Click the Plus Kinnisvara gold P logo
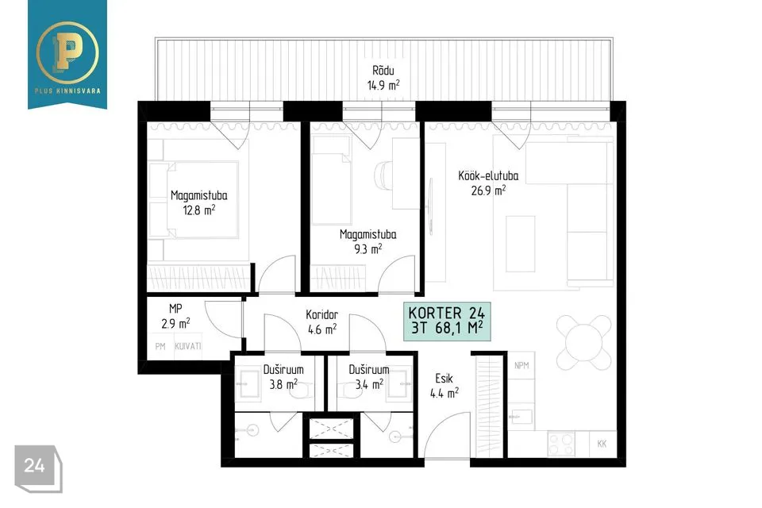click(x=67, y=51)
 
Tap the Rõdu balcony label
click(x=383, y=71)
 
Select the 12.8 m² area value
click(x=198, y=210)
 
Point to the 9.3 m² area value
click(x=368, y=249)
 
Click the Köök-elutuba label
click(x=488, y=175)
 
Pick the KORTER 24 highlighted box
click(x=447, y=321)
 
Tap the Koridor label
click(x=322, y=314)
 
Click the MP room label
click(x=175, y=308)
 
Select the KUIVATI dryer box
click(x=188, y=346)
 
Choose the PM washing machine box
click(x=160, y=347)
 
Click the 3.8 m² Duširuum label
click(x=283, y=377)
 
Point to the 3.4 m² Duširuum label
click(x=369, y=377)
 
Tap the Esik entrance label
click(x=444, y=378)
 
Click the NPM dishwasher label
click(x=521, y=365)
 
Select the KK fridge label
click(x=602, y=444)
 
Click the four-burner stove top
click(x=561, y=444)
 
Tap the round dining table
click(x=583, y=342)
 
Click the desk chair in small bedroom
click(x=383, y=174)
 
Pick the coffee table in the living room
click(x=521, y=244)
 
